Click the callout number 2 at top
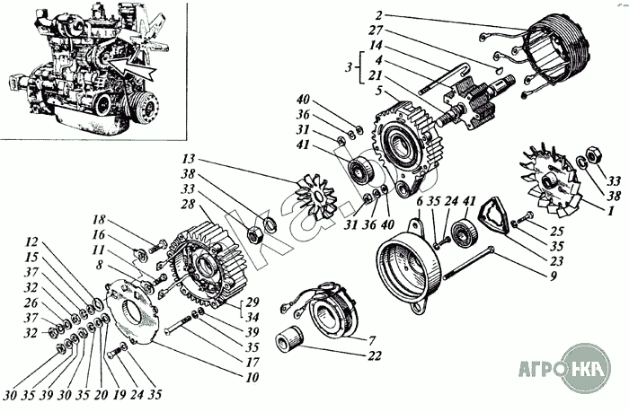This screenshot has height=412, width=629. tap(379, 15)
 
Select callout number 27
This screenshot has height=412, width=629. tap(377, 31)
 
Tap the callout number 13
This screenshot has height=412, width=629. tap(188, 159)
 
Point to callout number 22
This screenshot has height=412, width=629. tap(375, 355)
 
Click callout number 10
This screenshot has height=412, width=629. tap(252, 377)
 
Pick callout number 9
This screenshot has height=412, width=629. tap(554, 276)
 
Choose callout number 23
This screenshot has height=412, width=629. tap(556, 261)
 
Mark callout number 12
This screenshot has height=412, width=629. tap(31, 242)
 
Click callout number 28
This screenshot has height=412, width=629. tap(188, 205)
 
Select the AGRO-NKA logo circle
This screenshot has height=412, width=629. tap(586, 368)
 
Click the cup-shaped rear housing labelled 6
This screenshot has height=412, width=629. tap(410, 270)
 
